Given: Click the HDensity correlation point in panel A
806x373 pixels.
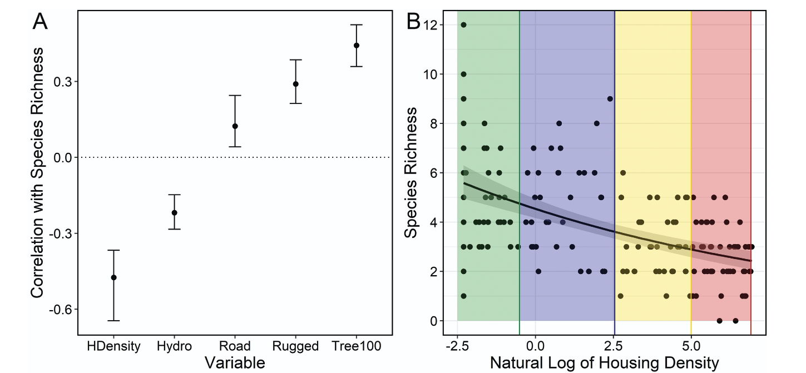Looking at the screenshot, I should coord(113,277).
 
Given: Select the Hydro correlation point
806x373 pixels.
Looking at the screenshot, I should coord(174,212).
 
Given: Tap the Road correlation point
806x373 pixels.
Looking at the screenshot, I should coord(235,126).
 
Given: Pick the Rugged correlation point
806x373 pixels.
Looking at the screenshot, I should coord(296,84).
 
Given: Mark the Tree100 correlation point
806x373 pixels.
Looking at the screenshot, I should coord(357,46).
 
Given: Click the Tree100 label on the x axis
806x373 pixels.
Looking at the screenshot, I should coord(357,346).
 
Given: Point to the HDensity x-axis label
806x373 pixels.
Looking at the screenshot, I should coord(113,346).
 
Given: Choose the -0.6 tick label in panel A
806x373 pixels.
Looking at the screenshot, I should coord(61,309).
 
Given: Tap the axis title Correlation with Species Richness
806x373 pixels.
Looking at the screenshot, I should coord(37,172).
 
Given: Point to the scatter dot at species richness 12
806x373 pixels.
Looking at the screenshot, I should coord(463,25).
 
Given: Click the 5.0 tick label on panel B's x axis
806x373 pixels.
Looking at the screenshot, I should coord(691,346).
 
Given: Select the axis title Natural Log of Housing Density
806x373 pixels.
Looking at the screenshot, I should coord(604,364).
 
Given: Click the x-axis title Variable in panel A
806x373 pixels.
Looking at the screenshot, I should coord(234,363).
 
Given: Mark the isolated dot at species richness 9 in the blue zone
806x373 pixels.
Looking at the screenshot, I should coord(610,99).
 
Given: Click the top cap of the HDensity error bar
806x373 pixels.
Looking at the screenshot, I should coord(113,250).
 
